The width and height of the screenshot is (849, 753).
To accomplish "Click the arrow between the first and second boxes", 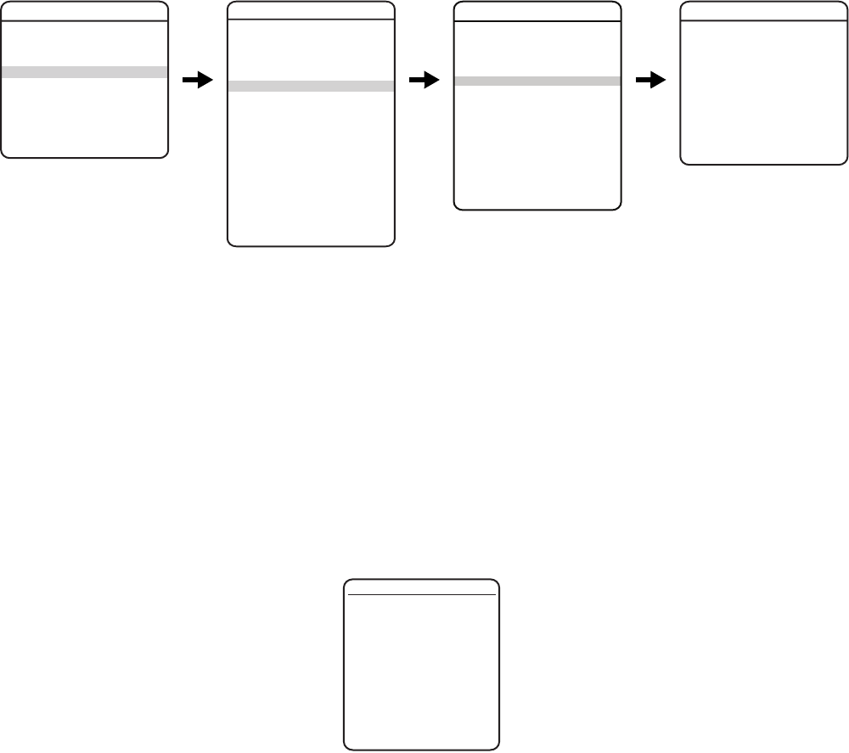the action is point(197,80).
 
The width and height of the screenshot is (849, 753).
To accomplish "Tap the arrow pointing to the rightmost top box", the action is point(649,80).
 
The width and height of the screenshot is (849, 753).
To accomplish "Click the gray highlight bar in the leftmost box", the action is point(84,72).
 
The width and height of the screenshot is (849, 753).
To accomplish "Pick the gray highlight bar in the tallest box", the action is point(312,86).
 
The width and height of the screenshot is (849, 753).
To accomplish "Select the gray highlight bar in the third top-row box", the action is point(537,81).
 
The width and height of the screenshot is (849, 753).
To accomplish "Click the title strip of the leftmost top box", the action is point(84,10).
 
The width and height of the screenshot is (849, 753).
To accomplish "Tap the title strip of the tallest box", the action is point(312,10).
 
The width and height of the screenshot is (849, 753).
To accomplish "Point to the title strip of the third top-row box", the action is point(537,10).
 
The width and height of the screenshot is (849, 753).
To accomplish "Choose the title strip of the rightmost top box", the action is point(764,10).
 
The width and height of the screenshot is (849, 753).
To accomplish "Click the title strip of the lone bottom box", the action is point(421,587).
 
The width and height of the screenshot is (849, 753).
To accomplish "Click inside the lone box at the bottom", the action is point(421,671).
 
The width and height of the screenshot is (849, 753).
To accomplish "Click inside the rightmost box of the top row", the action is point(764,93).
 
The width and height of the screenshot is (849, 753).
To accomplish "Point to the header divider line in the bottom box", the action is point(421,595).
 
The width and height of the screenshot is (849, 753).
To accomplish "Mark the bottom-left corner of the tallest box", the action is point(230,244).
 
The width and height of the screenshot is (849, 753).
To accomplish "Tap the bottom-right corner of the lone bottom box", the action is point(497,749).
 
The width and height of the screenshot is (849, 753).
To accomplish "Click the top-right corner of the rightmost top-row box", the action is point(846,3).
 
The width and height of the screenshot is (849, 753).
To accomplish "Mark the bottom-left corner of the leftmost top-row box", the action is point(3,155).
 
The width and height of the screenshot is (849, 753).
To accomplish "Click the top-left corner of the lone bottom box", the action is point(346,582).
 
